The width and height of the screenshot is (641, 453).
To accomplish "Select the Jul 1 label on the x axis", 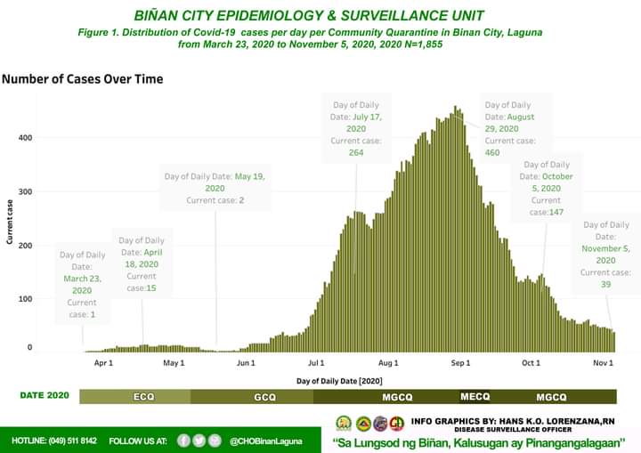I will tap(316, 363).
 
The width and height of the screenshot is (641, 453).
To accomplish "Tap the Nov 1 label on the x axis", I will tap(604, 363).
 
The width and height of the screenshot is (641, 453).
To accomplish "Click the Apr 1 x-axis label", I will tap(103, 363).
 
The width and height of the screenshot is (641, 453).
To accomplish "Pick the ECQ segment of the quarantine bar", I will tap(143, 396).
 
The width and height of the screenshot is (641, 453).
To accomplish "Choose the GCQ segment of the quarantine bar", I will tap(264, 396).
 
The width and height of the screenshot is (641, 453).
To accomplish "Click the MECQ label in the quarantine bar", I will tap(475, 396).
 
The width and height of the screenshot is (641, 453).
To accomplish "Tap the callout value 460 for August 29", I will tap(491, 152).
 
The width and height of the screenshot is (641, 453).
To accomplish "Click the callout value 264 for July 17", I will tap(356, 152).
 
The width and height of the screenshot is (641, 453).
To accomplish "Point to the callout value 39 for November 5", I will tap(605, 284).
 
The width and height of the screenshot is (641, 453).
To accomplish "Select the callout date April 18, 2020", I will tap(142, 264).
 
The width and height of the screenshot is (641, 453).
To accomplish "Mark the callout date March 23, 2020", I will tap(82, 284).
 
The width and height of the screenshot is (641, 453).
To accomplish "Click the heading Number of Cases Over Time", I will tap(82, 79).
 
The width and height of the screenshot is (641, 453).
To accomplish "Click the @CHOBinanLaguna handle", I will tap(265, 441).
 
